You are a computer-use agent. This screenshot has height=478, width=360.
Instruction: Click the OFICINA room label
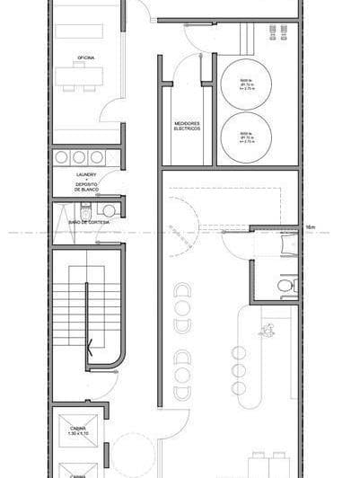point(86,58)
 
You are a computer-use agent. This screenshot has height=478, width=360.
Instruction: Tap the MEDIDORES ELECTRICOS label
point(188,126)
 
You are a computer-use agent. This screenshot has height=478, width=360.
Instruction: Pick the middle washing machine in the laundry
point(79,157)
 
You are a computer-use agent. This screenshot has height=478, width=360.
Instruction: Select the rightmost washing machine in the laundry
point(96,157)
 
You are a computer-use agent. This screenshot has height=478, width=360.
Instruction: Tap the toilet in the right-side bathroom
point(285,286)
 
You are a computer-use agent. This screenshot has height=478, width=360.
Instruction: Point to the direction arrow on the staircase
point(88,341)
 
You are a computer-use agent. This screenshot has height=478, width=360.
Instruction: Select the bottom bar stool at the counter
point(240,389)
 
